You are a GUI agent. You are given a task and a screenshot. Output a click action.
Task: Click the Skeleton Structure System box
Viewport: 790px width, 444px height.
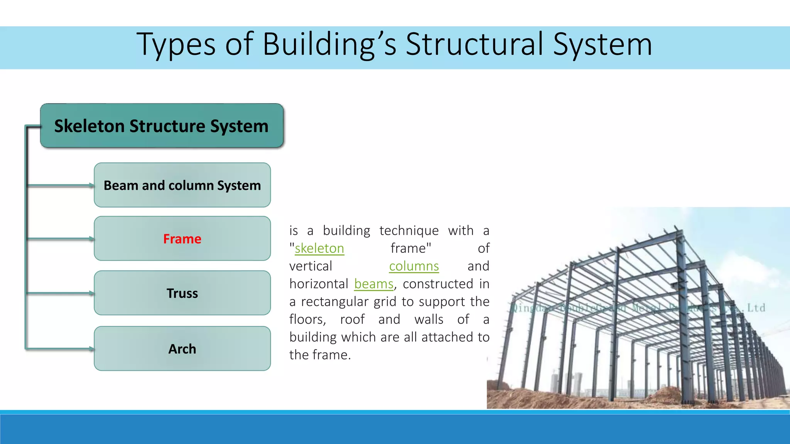tap(162, 126)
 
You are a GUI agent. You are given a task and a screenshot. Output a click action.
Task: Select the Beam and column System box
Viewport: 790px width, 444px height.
tap(182, 185)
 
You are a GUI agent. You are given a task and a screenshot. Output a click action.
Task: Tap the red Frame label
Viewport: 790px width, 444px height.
tap(182, 239)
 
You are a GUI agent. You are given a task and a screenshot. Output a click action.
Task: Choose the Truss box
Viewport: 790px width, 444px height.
tap(182, 293)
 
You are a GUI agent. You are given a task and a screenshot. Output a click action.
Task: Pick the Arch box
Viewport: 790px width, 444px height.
tap(182, 349)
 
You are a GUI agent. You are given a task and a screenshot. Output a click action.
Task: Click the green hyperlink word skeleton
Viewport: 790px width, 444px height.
tap(319, 249)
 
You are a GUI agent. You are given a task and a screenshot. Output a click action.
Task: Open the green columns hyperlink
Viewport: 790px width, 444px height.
tap(414, 266)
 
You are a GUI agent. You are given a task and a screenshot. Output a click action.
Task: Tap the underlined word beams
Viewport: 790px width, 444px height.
tap(374, 284)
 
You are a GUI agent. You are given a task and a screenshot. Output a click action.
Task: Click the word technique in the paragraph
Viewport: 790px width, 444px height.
tap(409, 230)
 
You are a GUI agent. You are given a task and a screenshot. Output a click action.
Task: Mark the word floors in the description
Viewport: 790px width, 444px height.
tap(307, 320)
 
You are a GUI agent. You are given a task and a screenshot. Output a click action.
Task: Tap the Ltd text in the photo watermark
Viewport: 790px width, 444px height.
tap(756, 308)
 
